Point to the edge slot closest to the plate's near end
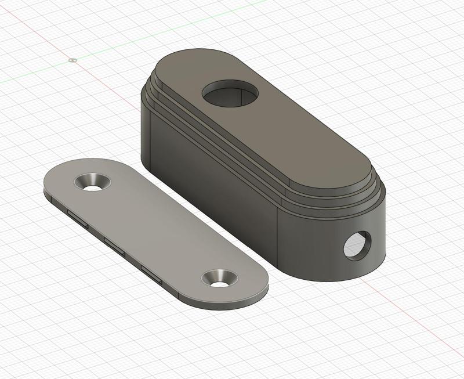pos(152,273)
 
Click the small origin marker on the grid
pos(72,59)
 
